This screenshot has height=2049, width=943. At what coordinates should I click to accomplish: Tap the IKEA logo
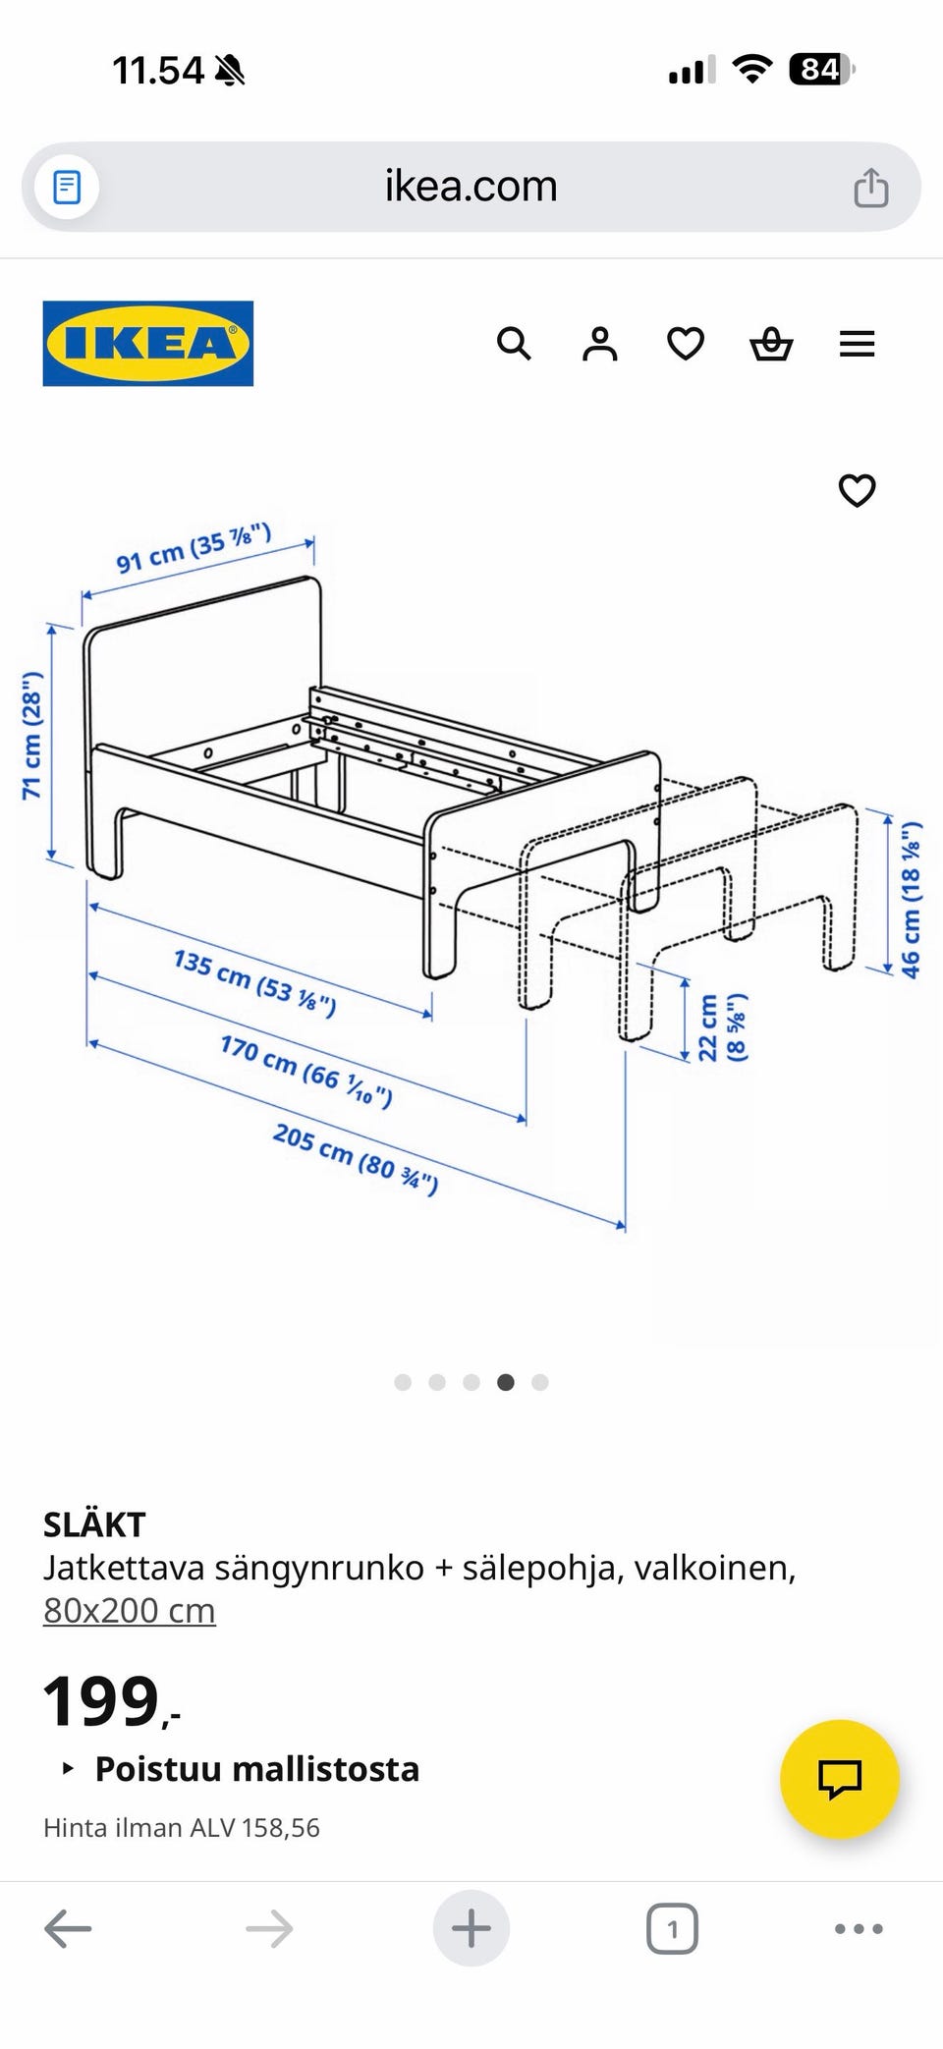(x=148, y=343)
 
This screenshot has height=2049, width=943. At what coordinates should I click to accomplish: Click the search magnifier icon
(x=514, y=344)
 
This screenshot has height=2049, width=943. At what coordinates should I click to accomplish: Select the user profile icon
(x=599, y=344)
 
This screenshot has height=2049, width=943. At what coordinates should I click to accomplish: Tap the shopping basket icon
(x=771, y=344)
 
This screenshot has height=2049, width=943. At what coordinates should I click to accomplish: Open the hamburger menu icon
(x=857, y=344)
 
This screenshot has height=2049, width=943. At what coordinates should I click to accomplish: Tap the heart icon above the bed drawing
(x=857, y=490)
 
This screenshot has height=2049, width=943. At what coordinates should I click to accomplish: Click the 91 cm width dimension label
(x=194, y=549)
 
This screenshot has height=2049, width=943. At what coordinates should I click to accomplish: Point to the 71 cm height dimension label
(x=32, y=735)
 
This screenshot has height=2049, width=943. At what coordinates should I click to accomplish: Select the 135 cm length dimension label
(x=255, y=982)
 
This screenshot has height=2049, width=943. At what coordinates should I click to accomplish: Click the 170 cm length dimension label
(x=306, y=1070)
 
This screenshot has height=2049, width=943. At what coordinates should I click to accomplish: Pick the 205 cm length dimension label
(x=356, y=1159)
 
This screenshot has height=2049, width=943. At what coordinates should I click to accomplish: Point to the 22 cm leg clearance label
(x=722, y=1027)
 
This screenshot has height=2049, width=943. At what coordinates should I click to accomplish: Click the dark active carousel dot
(x=506, y=1382)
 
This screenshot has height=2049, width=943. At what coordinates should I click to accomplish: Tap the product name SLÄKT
(x=94, y=1524)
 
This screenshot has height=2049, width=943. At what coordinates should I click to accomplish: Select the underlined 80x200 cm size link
(x=130, y=1611)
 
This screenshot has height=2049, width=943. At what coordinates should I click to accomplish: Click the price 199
(x=101, y=1701)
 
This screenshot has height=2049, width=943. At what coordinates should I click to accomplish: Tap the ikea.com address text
(x=471, y=186)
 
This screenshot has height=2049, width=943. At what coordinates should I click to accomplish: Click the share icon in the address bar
(x=870, y=187)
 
